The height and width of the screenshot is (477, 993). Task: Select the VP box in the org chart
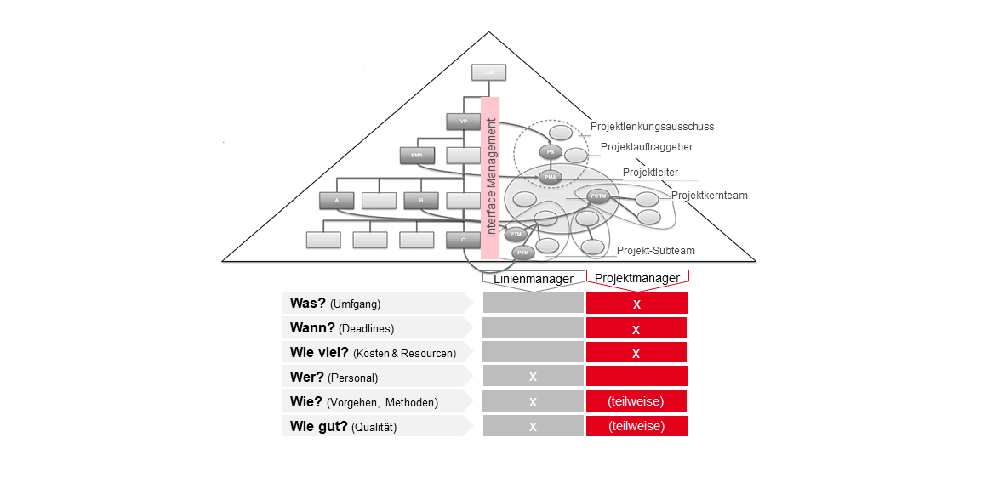click(464, 122)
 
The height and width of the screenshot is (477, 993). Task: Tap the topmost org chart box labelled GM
click(489, 73)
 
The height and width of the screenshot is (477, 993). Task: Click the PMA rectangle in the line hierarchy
click(417, 156)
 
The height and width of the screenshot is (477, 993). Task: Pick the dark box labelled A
click(337, 201)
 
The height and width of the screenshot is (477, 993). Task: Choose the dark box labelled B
click(421, 201)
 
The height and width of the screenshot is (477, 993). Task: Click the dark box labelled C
click(464, 240)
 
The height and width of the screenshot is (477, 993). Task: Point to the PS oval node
click(551, 152)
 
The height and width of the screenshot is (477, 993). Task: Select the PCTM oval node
click(599, 196)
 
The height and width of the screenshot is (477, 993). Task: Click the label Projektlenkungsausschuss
click(652, 127)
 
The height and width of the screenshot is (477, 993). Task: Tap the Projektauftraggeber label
click(646, 147)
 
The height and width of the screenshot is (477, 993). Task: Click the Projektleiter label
click(650, 173)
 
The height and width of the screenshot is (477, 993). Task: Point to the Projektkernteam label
click(709, 196)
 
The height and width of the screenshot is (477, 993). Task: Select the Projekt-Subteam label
click(655, 251)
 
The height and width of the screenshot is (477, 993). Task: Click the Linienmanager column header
click(534, 278)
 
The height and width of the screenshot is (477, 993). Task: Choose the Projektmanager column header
click(636, 278)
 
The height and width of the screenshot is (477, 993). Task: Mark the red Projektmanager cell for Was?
click(636, 304)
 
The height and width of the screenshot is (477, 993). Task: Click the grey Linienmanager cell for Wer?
click(533, 376)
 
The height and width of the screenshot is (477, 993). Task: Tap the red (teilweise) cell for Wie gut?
click(636, 426)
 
